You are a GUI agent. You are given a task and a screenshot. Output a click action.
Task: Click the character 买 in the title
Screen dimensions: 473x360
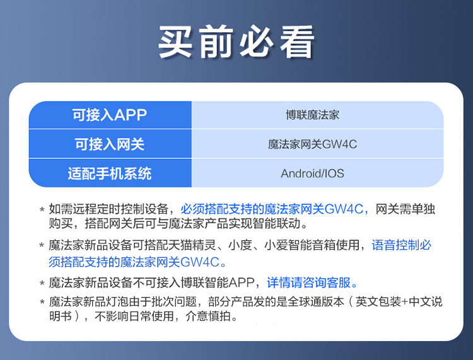coord(175,42)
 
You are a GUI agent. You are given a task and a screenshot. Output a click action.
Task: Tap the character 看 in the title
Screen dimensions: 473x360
coord(298,42)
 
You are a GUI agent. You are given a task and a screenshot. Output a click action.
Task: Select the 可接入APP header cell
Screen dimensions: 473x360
coord(110,115)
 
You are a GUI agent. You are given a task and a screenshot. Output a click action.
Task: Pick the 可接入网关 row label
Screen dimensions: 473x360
coord(110,144)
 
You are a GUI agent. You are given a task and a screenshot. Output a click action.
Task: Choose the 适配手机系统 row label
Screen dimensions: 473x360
coord(110,173)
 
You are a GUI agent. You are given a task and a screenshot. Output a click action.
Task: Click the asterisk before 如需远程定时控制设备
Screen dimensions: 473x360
coord(42,209)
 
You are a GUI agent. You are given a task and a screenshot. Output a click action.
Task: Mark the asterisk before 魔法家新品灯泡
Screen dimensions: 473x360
coord(42,302)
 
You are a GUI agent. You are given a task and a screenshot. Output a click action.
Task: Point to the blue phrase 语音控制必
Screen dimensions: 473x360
coord(402,245)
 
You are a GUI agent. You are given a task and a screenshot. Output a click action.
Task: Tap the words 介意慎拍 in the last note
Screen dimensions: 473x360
coord(208,316)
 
